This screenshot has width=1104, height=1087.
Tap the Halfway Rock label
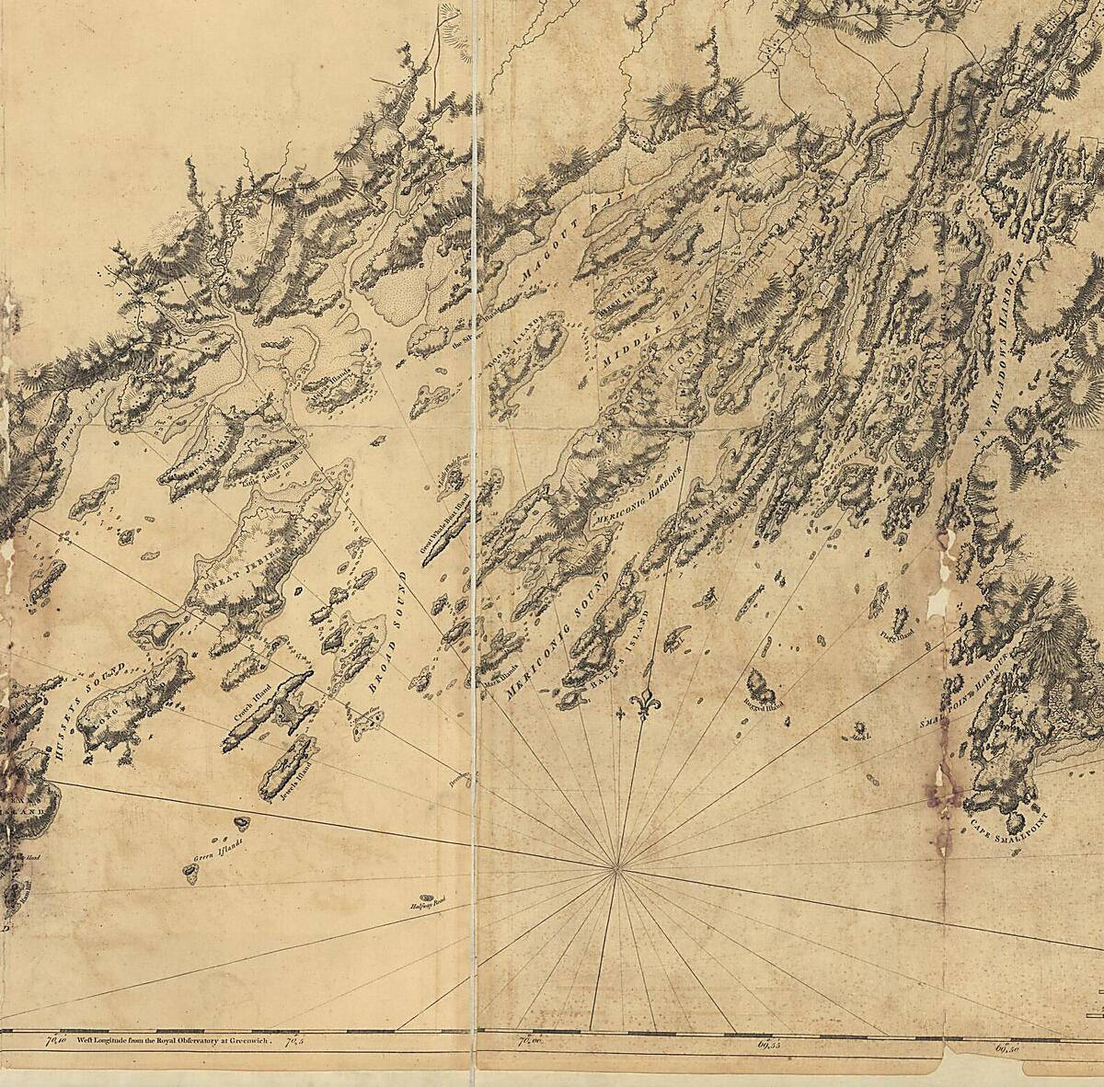click(x=427, y=904)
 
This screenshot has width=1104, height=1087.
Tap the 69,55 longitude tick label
click(x=769, y=1044)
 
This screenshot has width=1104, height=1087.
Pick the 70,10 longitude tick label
click(x=56, y=1041)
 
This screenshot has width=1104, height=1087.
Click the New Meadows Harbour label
click(x=999, y=350)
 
